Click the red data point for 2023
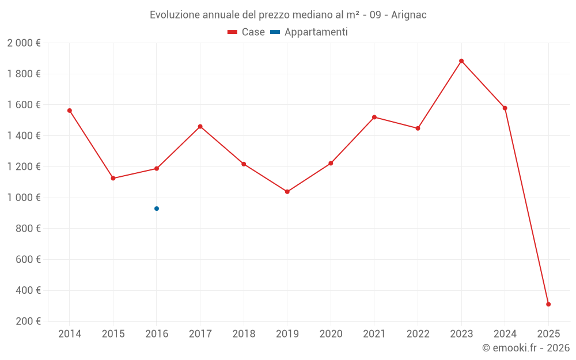click(461, 61)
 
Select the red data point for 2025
click(548, 304)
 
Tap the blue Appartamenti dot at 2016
click(157, 209)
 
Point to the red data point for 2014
click(70, 111)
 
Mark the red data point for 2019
click(287, 192)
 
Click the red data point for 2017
click(200, 127)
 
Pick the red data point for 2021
click(374, 118)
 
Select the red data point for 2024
click(505, 108)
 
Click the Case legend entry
click(247, 32)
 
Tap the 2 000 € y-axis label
click(24, 43)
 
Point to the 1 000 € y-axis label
click(24, 198)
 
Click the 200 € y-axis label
click(28, 321)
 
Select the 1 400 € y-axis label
click(24, 136)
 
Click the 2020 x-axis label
click(331, 334)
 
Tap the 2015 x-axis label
click(113, 334)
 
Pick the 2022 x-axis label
click(418, 334)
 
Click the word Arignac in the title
click(408, 15)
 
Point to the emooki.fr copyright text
click(526, 348)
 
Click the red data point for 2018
click(244, 164)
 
